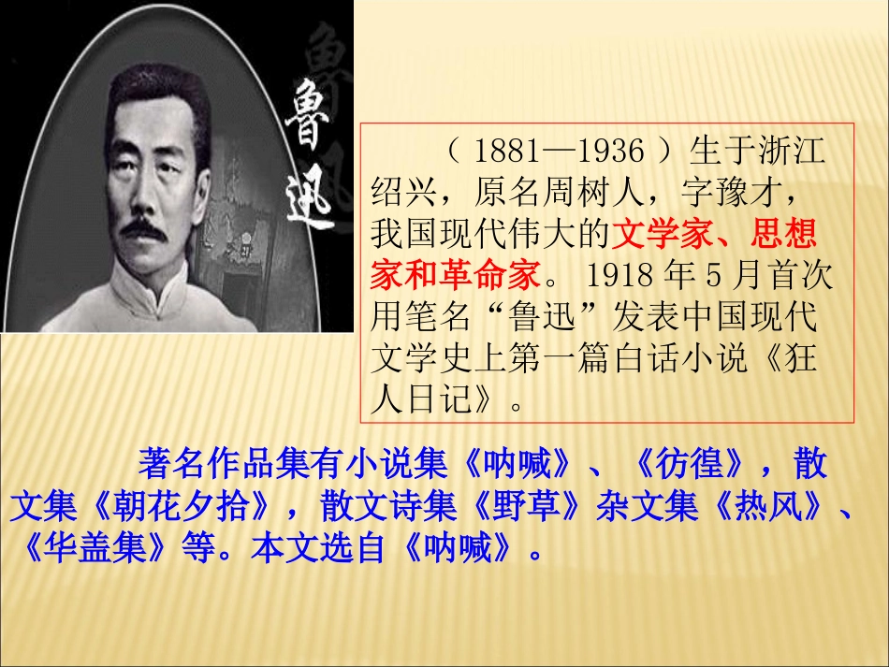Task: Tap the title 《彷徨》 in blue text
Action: click(688, 463)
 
